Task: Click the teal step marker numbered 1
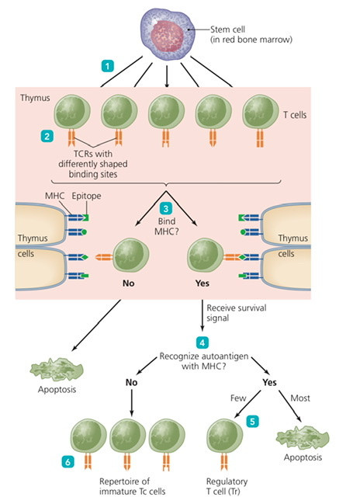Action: pos(108,66)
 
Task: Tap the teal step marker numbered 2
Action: pos(47,137)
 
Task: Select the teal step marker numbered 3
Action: pos(165,209)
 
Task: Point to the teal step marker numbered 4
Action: pos(202,342)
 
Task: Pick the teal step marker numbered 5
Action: pos(252,422)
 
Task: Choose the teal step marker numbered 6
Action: pos(67,462)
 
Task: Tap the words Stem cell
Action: pos(227,30)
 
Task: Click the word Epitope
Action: pos(86,196)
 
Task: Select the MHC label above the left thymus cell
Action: pos(54,196)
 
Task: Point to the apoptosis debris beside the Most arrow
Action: pos(303,438)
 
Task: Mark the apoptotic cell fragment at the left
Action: pos(57,370)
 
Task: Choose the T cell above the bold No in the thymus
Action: pos(130,255)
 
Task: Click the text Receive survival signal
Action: pos(237,313)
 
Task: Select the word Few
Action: pos(238,398)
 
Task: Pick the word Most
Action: pos(300,398)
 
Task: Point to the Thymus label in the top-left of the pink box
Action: pos(35,98)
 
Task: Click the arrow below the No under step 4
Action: pos(132,402)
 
